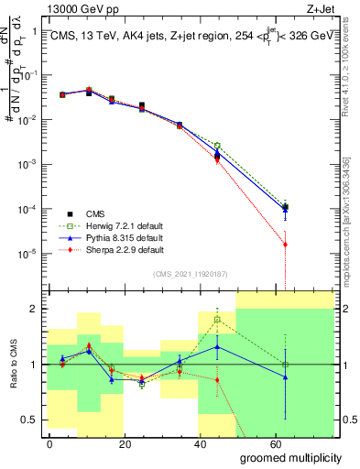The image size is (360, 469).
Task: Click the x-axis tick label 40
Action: [201, 443]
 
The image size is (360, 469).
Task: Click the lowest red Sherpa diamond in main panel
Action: [286, 245]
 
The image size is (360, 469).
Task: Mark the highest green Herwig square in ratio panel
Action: [217, 320]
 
